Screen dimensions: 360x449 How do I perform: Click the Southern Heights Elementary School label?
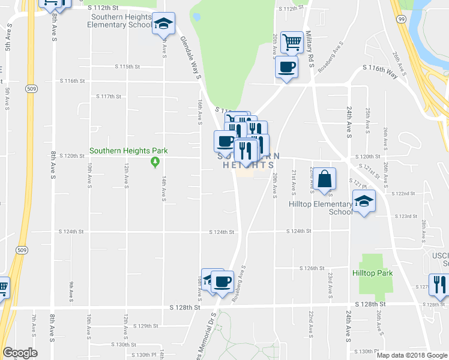click(x=119, y=21)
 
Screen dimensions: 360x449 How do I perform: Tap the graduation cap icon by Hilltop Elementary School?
click(x=364, y=201)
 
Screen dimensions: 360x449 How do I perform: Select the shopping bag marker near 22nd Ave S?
click(x=324, y=179)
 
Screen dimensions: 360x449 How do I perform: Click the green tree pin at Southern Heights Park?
click(x=155, y=161)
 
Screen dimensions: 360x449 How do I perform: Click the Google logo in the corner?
click(x=20, y=353)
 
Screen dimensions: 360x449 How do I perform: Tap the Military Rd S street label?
click(x=310, y=47)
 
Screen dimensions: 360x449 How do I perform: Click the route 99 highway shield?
click(x=401, y=19)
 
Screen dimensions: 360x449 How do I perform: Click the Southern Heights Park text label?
click(x=128, y=151)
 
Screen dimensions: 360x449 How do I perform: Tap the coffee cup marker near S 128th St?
click(x=222, y=281)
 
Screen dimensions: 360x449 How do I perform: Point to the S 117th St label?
click(x=109, y=96)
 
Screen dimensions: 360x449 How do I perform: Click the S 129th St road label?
click(x=145, y=326)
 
